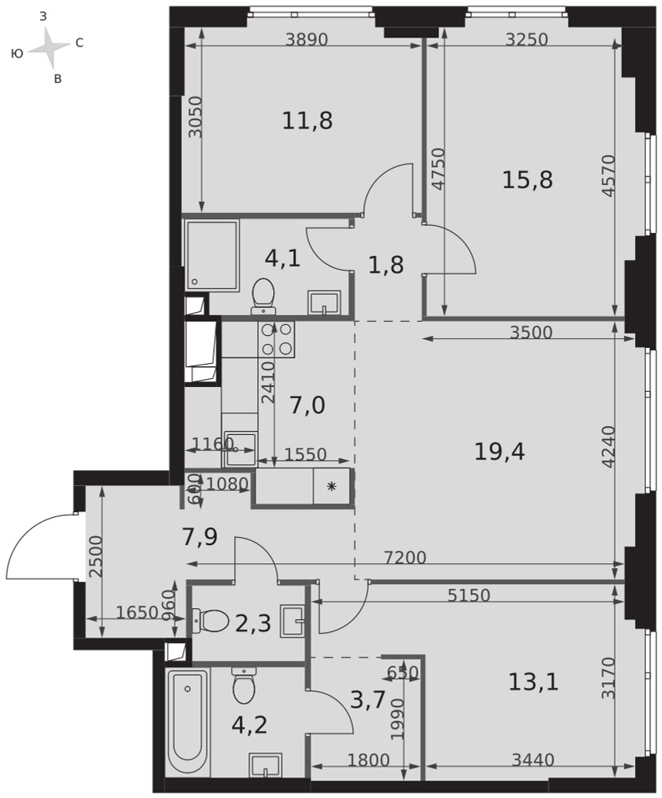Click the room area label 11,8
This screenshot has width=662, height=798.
click(307, 121)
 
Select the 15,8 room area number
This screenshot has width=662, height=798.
click(527, 180)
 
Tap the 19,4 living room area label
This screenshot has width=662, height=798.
click(499, 451)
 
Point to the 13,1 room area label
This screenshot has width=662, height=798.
click(533, 681)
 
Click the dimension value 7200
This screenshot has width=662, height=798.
click(405, 558)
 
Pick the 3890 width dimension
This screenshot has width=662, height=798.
click(306, 39)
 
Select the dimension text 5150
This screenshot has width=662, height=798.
click(469, 595)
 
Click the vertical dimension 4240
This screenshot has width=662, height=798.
click(608, 446)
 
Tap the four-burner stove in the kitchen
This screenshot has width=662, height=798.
click(277, 339)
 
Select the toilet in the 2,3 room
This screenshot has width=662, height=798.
click(210, 620)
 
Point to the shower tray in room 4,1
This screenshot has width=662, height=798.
click(212, 256)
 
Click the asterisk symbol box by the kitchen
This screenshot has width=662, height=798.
click(331, 487)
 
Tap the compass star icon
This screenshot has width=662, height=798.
click(49, 47)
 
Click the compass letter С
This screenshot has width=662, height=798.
click(79, 43)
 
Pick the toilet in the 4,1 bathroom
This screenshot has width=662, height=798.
click(264, 295)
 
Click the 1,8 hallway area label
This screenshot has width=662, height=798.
click(386, 265)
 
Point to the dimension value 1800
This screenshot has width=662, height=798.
click(368, 760)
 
